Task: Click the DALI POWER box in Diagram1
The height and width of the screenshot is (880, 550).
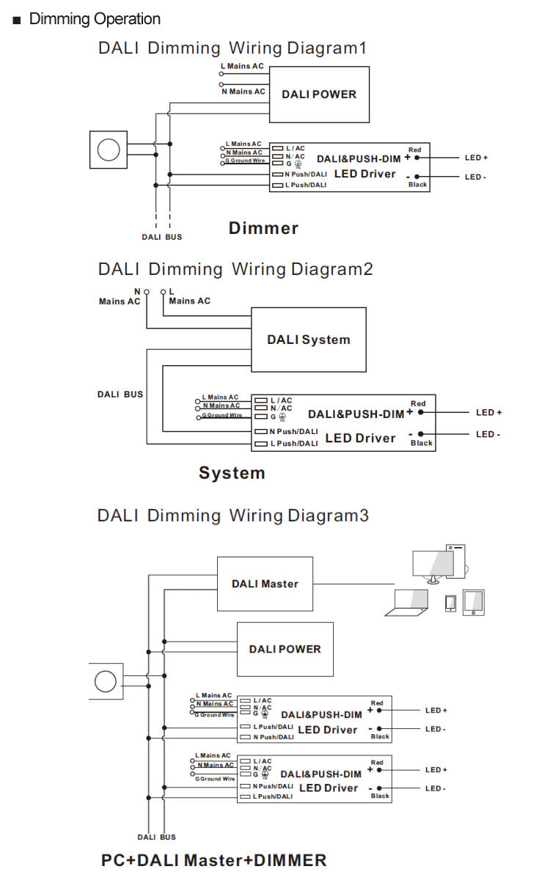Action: [x=319, y=95]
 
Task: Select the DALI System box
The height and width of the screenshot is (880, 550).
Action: [x=308, y=340]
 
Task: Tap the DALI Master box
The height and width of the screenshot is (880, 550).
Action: [x=265, y=584]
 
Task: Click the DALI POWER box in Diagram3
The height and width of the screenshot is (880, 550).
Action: [x=285, y=649]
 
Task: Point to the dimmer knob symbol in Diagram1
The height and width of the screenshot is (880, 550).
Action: [x=109, y=150]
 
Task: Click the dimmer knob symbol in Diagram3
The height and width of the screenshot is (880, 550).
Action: [x=106, y=681]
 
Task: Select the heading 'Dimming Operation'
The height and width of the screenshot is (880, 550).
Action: [x=94, y=19]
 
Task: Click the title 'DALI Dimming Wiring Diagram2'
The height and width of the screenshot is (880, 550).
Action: [x=235, y=269]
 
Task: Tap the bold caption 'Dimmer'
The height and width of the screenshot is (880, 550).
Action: [x=263, y=228]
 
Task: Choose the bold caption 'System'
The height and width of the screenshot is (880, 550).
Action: [x=232, y=473]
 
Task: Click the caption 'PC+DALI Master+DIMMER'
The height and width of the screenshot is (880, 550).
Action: [x=213, y=860]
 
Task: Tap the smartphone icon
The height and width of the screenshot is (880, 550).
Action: [x=450, y=603]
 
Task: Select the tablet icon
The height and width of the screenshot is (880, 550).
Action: [x=473, y=602]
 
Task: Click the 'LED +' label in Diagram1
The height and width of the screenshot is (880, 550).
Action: [x=476, y=158]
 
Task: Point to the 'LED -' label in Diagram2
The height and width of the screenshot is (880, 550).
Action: [x=488, y=434]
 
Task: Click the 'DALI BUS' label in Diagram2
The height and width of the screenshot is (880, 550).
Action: [x=120, y=395]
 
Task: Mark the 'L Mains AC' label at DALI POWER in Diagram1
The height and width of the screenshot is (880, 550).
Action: [x=245, y=66]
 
